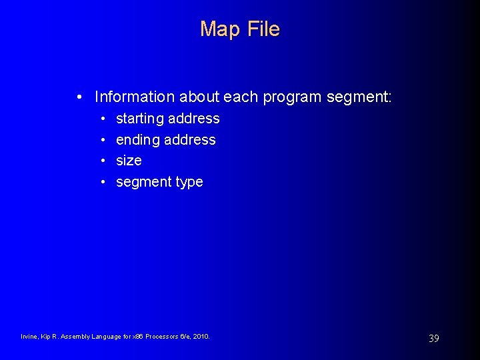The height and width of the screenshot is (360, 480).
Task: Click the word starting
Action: [140, 119]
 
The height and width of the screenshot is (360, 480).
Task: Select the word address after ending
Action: [190, 140]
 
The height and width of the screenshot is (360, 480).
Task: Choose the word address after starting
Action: [194, 119]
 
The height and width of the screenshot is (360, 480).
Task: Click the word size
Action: [129, 161]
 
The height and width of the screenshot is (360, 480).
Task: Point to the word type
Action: [189, 182]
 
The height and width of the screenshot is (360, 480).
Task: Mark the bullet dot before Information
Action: [79, 97]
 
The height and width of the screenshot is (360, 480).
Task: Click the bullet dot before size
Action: [104, 161]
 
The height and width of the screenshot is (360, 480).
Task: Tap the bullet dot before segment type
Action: [104, 182]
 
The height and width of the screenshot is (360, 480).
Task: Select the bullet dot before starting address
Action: [104, 119]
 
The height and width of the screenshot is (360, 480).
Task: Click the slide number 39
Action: [433, 339]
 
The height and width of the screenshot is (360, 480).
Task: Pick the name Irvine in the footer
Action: [29, 337]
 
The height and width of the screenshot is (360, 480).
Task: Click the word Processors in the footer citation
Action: [163, 337]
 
